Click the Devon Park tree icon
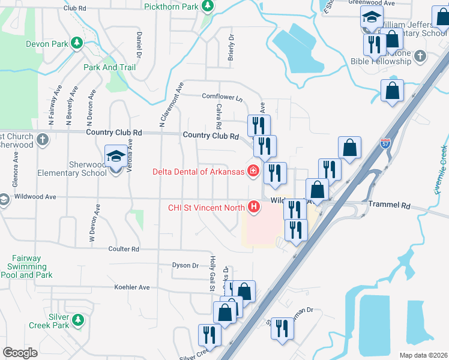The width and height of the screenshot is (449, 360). coord(76,43)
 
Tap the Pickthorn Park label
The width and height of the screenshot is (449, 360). coord(171,7)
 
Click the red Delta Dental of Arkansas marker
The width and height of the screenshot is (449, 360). coord(253,172)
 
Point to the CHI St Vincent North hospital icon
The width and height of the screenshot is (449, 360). coord(254,208)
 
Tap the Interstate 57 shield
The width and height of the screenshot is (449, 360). coord(385,144)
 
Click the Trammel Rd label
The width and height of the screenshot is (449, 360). coord(389,205)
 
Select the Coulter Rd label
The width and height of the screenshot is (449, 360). coord(124,249)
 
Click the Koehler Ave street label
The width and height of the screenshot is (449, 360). coord(132,287)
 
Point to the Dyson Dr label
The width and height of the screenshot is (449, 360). coord(185,265)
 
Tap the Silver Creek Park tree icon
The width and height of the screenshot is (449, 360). coord(77,320)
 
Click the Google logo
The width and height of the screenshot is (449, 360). coord(20,352)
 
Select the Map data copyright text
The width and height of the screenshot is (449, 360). coord(424,355)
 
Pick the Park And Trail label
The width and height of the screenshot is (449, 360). coord(110,67)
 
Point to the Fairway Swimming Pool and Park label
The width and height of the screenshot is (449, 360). coord(26,267)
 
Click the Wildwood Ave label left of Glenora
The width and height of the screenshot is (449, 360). coord(35,196)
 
